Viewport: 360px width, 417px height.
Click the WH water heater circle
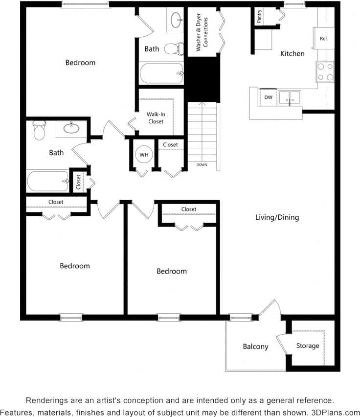(x=144, y=155)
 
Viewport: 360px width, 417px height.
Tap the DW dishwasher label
(x=268, y=97)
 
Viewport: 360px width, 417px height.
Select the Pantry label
(x=259, y=16)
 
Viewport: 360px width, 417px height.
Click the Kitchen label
(x=292, y=53)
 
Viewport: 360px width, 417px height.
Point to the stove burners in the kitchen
(x=325, y=71)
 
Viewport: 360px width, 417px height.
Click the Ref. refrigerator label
(x=323, y=38)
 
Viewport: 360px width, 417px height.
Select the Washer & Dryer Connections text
(x=202, y=34)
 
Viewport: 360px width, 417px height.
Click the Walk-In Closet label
(x=156, y=117)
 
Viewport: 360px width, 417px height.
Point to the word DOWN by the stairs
(x=202, y=165)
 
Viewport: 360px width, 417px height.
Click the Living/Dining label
(x=277, y=217)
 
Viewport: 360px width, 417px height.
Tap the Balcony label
(x=255, y=347)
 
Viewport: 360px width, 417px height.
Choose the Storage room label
(x=308, y=346)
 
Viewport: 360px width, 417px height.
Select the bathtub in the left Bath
(x=48, y=181)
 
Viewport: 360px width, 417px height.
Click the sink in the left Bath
(x=71, y=129)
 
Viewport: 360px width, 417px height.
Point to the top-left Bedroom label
(x=80, y=63)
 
